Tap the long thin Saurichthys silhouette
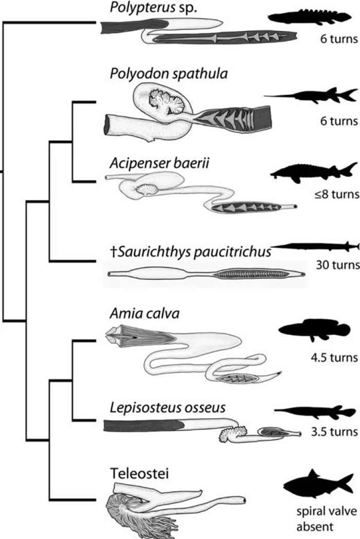314,246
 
